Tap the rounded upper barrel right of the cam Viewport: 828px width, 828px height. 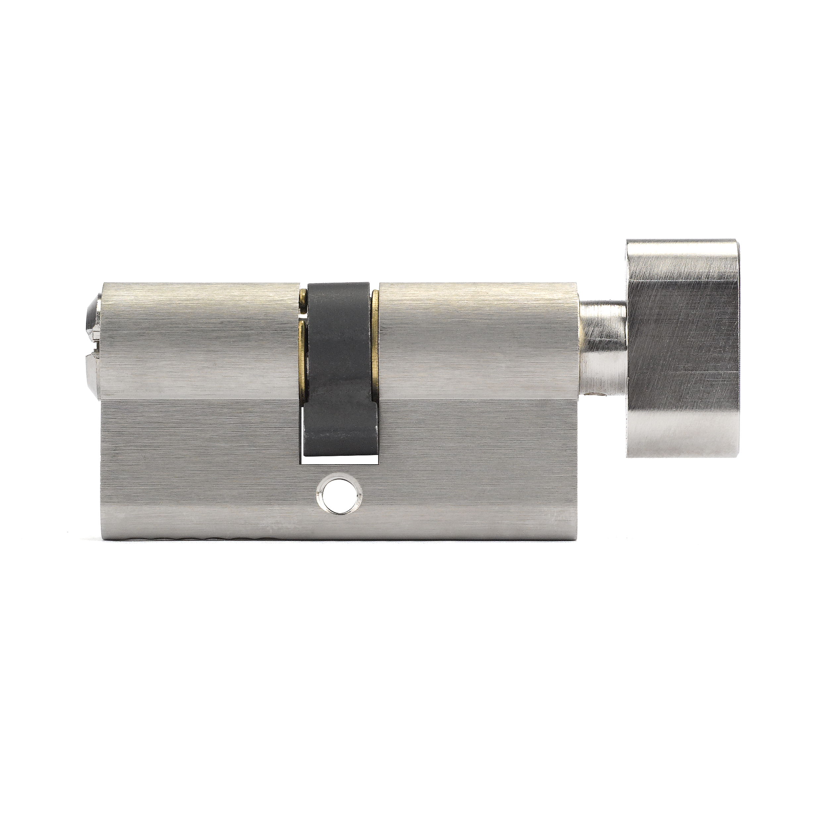(476, 338)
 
